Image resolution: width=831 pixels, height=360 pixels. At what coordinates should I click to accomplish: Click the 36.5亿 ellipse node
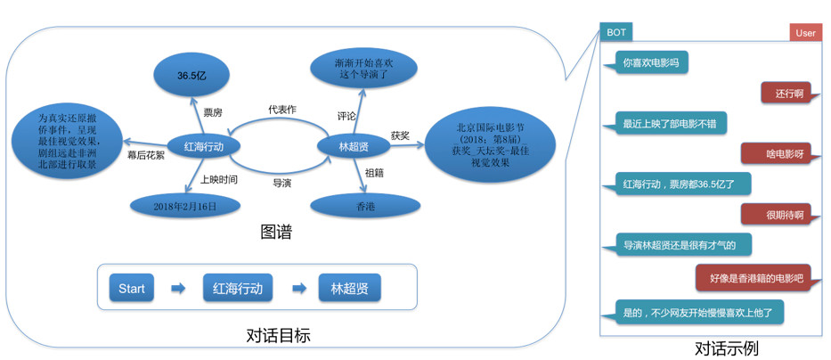[191, 78]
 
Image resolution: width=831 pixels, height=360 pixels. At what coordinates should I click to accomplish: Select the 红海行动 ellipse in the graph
[204, 146]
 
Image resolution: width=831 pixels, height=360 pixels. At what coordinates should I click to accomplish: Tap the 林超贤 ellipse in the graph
[354, 146]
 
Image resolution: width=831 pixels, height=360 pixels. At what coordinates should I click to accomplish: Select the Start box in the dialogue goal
[131, 288]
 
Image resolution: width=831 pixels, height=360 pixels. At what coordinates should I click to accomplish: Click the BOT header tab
[615, 32]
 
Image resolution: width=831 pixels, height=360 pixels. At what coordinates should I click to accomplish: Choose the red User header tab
[805, 33]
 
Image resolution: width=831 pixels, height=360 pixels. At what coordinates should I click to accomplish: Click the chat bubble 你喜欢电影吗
[650, 63]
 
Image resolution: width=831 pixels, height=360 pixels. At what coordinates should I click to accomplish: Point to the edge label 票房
[213, 112]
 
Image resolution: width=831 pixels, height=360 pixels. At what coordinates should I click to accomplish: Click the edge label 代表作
[281, 110]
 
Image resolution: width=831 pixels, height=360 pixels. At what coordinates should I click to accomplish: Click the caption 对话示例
[726, 348]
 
